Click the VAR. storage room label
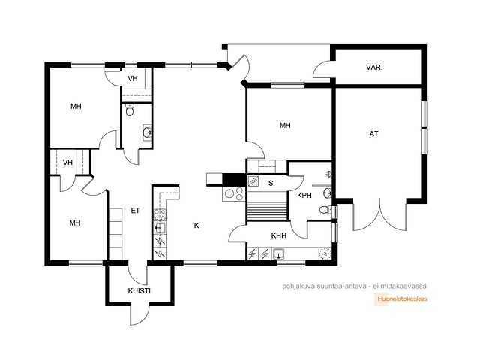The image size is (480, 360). [x=374, y=67]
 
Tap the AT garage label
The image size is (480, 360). [x=373, y=133]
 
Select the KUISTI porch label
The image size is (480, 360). [x=139, y=290]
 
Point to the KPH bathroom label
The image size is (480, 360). [x=304, y=195]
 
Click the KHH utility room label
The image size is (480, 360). [x=279, y=235]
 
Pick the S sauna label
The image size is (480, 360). [x=271, y=183]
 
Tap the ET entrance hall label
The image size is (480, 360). [x=135, y=211]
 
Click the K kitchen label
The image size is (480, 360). [x=196, y=226]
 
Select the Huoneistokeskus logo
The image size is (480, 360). [x=400, y=299]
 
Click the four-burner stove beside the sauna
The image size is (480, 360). [x=234, y=193]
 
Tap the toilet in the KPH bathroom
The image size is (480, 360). [x=325, y=210]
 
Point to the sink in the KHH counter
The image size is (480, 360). [x=278, y=254]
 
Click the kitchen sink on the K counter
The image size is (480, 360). [x=160, y=228]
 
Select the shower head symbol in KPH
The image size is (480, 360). [x=328, y=174]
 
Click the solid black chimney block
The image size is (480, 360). [x=234, y=180]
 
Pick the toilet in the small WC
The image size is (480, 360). [x=130, y=110]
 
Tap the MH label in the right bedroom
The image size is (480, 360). [x=285, y=125]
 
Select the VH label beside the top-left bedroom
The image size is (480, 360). [x=133, y=78]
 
